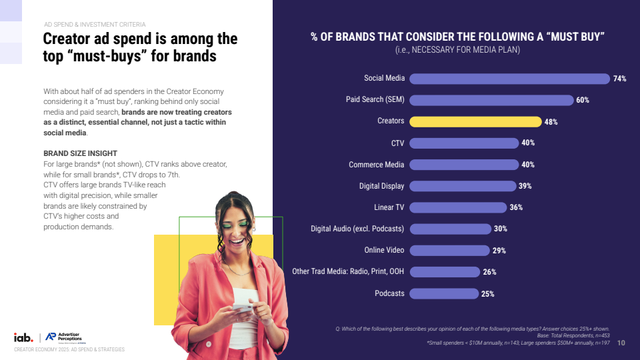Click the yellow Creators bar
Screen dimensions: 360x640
click(475, 121)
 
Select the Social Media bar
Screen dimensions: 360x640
click(509, 79)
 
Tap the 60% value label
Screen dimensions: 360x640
click(583, 100)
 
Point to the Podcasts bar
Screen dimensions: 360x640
click(444, 293)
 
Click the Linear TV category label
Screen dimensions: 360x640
click(389, 207)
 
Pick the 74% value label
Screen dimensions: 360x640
click(619, 79)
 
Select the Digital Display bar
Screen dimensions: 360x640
click(463, 186)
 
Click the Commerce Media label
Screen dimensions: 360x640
click(377, 165)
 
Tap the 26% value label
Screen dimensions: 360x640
click(489, 272)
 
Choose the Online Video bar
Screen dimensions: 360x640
click(449, 251)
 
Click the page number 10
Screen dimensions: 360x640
click(621, 343)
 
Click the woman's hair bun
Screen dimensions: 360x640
click(231, 198)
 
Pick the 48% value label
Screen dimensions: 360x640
click(551, 122)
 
